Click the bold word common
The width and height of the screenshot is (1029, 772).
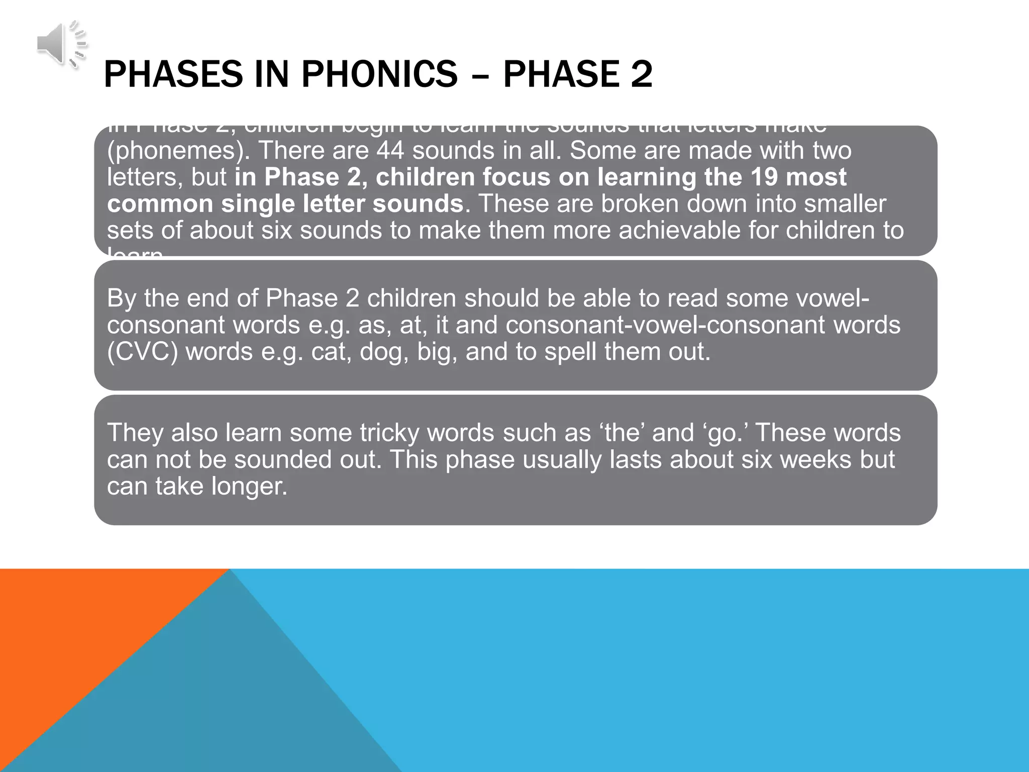(x=160, y=204)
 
